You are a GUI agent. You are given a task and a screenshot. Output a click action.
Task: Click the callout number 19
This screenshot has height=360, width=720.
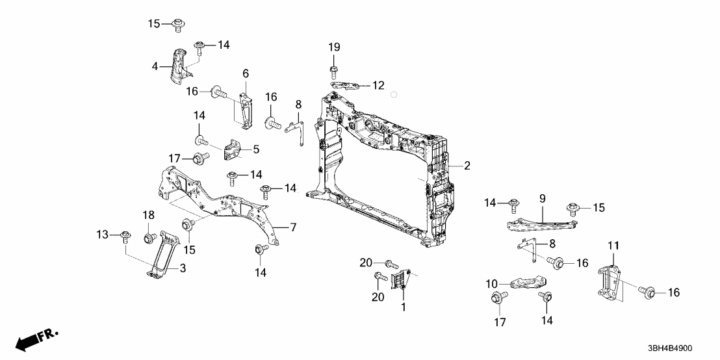pos(333,47)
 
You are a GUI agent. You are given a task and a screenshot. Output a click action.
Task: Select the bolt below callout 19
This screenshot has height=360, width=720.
pos(333,68)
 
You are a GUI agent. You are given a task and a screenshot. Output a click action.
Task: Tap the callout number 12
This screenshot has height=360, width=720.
pos(378,85)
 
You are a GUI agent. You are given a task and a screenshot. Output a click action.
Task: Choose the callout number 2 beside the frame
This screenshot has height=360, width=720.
pos(467,166)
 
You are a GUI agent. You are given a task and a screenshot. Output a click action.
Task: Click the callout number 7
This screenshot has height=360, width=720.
pos(292,227)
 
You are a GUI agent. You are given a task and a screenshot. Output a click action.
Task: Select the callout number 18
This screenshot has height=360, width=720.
pos(149,215)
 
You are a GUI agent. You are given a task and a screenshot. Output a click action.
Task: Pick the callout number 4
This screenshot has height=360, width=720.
pos(155,66)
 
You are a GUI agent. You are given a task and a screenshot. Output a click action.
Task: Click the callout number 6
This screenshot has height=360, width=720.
pos(246,73)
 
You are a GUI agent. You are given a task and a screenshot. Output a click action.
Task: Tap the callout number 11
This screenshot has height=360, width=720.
pos(613,246)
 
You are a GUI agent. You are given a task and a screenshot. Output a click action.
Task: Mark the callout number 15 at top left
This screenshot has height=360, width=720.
pos(153,24)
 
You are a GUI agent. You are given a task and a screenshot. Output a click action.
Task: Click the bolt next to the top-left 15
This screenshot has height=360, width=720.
pos(177,25)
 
